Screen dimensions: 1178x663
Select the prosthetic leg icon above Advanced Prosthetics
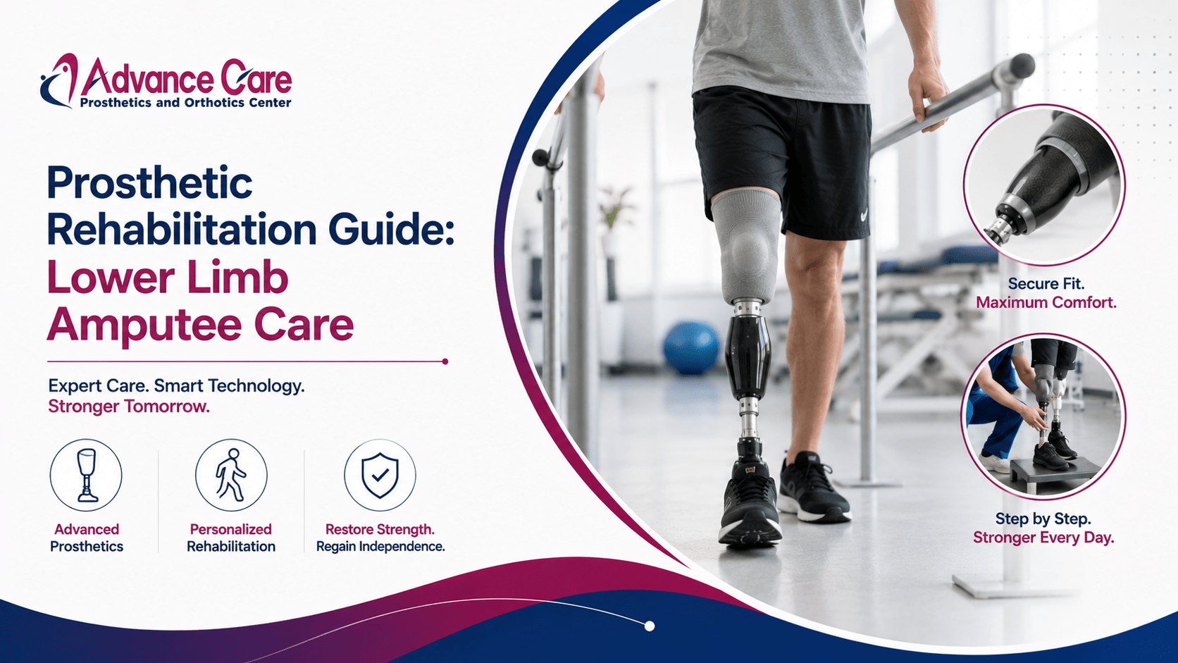click(86, 476)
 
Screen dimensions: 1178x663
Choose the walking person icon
click(231, 475)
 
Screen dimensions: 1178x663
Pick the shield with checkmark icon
click(380, 476)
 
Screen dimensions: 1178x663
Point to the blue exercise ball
click(691, 348)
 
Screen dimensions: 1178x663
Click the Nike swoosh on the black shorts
click(863, 216)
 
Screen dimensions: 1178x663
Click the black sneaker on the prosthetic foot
click(749, 502)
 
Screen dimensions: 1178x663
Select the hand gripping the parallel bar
click(927, 97)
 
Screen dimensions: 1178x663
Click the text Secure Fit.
click(1046, 284)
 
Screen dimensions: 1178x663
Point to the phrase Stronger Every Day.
click(1043, 538)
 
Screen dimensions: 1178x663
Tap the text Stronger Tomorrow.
click(129, 407)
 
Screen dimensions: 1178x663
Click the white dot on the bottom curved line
click(650, 626)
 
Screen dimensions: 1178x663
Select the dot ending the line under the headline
click(445, 361)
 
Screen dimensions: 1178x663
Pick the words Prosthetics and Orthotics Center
click(185, 103)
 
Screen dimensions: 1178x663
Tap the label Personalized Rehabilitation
click(231, 538)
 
